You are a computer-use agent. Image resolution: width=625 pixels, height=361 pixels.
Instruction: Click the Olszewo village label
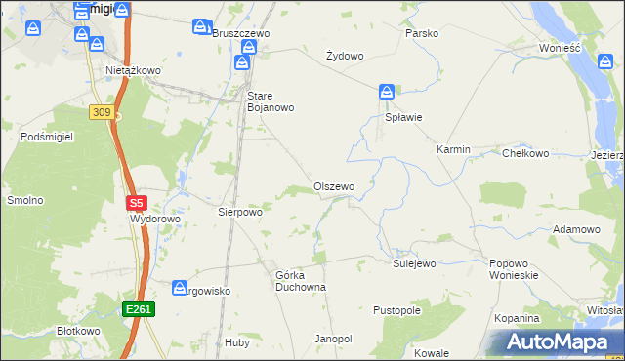point(333,186)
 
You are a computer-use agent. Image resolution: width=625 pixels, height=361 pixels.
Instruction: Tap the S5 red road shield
point(136,204)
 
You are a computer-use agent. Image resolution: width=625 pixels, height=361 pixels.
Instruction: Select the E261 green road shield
point(138,309)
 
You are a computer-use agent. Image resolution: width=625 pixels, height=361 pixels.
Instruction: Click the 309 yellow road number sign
point(101,112)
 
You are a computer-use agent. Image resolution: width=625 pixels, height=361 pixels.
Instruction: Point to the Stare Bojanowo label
point(271,101)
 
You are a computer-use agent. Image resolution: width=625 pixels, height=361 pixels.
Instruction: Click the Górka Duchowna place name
point(300,281)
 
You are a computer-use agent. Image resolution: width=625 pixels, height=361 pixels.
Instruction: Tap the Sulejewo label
point(413,263)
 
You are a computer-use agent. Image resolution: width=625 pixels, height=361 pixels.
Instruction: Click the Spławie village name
point(402,118)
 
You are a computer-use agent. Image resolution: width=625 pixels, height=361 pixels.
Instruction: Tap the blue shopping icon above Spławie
point(387,93)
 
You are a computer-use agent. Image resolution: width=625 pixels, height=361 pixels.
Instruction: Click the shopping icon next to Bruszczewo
point(201,26)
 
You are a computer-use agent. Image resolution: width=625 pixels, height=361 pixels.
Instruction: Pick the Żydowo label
point(344,56)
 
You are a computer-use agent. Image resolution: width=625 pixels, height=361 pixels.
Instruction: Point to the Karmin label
point(453,150)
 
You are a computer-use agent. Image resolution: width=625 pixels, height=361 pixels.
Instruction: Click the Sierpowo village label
point(240,211)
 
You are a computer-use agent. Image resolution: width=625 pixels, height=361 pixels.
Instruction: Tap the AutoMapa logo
point(558,342)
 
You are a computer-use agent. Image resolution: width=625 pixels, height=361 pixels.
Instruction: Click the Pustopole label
point(396,310)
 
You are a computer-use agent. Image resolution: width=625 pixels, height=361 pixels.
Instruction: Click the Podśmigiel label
point(48,138)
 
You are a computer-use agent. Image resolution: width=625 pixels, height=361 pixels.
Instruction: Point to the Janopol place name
point(333,339)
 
